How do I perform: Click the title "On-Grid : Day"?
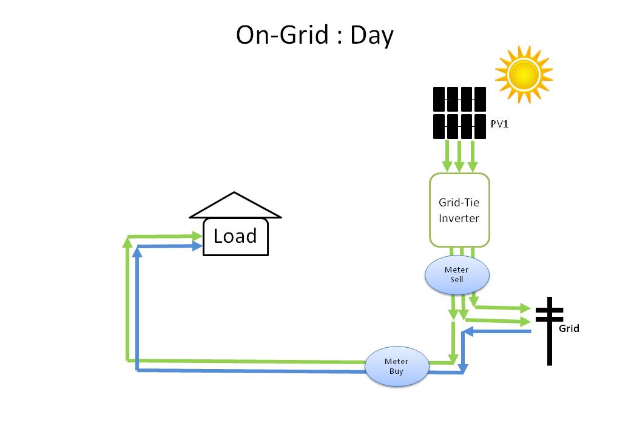pos(314,35)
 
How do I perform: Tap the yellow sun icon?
pos(524,73)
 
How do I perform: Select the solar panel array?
pos(459,113)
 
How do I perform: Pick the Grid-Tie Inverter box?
pos(459,210)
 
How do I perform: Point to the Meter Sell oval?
pos(457,274)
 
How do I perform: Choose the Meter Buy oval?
pos(396,366)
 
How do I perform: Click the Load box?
pos(235,235)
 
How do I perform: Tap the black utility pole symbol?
pos(550,331)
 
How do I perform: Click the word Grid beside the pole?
pos(569,328)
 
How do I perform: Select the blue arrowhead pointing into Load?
pos(197,246)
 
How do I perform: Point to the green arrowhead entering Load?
pos(197,235)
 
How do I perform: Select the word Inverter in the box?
pos(459,218)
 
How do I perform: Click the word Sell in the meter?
pos(456,279)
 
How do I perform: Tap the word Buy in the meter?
pos(396,371)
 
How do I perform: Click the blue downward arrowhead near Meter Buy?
pos(463,368)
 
